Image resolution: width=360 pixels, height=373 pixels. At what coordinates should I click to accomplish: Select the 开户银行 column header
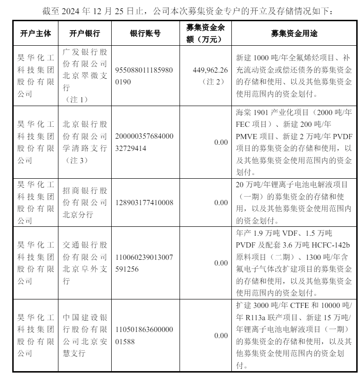pos(84,33)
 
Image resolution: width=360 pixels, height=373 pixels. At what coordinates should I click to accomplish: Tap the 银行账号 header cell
pos(145,33)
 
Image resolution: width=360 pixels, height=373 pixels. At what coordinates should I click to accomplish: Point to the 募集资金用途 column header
pos(294,33)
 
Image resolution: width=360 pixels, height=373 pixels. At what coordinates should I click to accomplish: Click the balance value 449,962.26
pos(211,70)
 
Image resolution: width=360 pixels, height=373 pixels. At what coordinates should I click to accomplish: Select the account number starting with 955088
pos(145,76)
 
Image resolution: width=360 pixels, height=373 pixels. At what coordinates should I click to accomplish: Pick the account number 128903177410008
pos(145,202)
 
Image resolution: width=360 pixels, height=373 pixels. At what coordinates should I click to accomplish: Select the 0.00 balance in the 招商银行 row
pos(221,202)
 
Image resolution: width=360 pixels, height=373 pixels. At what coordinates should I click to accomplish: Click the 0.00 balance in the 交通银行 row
pos(221,263)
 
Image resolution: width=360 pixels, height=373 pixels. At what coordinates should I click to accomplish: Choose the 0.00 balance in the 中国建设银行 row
pos(221,335)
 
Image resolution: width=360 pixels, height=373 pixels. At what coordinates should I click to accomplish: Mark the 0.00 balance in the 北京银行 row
pos(221,142)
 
